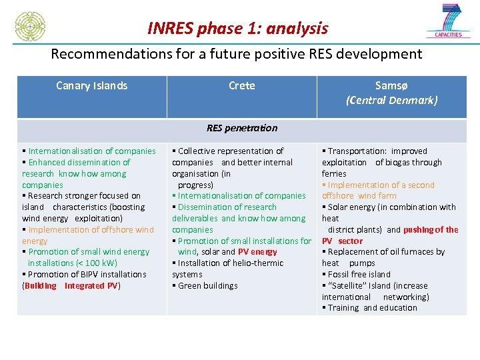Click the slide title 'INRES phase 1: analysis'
click(x=238, y=28)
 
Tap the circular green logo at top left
click(x=30, y=27)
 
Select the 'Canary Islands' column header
click(x=91, y=85)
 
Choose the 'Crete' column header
click(x=241, y=85)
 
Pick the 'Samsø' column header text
click(x=391, y=85)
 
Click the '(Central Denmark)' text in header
click(x=391, y=100)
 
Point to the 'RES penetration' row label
click(x=241, y=128)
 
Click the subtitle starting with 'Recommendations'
click(x=237, y=53)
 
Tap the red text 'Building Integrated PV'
click(x=71, y=286)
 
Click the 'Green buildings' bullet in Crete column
click(x=207, y=286)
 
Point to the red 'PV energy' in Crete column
click(x=257, y=252)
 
